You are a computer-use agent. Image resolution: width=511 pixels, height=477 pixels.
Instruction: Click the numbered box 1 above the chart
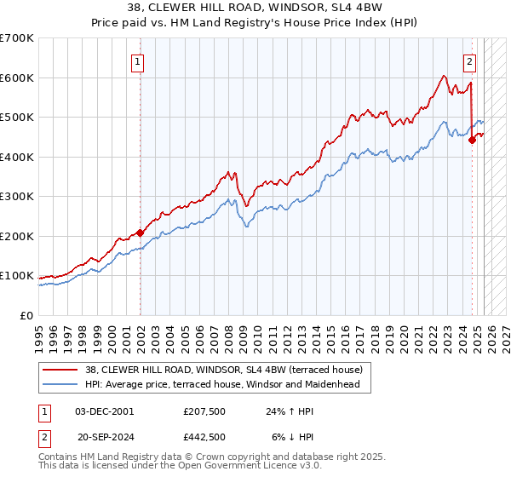137,60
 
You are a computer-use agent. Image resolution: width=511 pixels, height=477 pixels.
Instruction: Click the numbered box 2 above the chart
469,60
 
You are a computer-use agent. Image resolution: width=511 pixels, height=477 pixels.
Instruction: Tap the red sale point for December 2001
140,233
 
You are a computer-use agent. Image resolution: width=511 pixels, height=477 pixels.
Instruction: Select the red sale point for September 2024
472,141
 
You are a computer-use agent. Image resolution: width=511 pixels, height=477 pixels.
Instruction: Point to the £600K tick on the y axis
19,78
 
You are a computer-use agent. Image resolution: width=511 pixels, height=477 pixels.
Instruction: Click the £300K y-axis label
19,197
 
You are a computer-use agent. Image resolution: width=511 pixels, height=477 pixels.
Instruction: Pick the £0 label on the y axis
27,315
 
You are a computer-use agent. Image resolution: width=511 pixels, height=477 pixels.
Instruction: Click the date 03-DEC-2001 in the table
105,411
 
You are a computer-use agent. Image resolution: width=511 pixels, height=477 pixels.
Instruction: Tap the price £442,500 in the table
205,435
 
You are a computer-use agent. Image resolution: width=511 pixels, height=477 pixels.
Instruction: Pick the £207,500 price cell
205,411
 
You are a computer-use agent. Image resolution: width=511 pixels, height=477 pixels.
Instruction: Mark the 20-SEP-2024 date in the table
105,435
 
